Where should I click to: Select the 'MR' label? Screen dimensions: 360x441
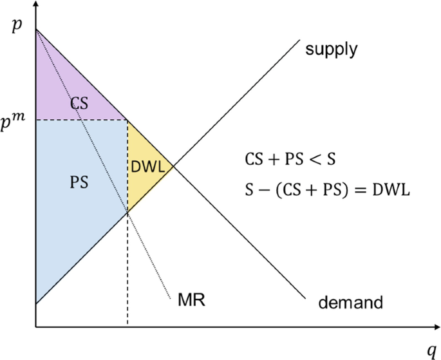point(191,300)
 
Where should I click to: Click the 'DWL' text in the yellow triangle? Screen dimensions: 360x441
point(147,166)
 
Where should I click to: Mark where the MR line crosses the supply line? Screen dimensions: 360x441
point(127,212)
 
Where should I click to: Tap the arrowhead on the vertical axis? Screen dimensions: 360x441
point(36,5)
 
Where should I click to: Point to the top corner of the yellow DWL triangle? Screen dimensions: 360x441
point(127,120)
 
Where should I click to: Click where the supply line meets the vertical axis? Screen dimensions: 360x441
point(36,303)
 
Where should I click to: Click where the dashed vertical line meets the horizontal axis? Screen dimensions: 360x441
point(127,327)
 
